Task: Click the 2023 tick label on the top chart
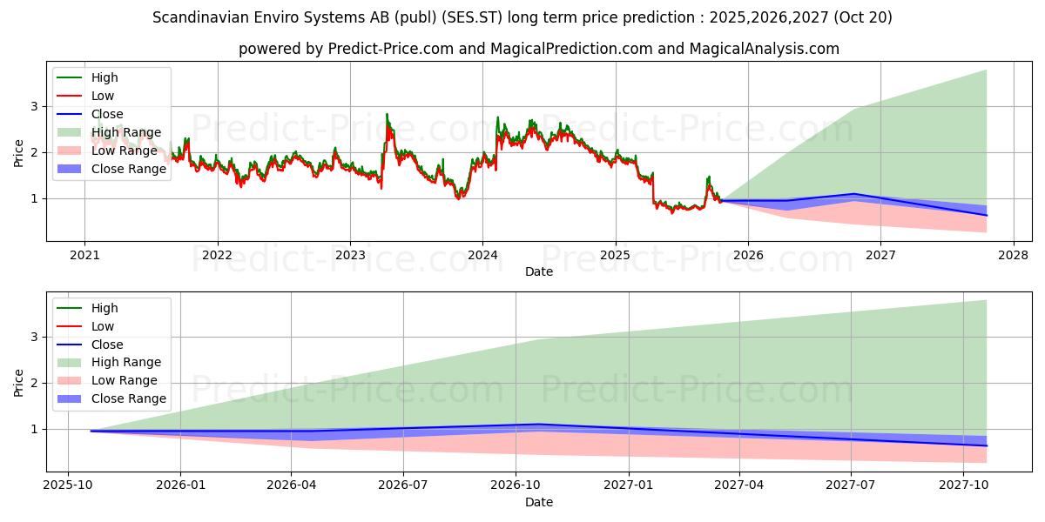pos(350,255)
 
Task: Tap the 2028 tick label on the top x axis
pos(1013,255)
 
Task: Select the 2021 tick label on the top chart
pos(84,255)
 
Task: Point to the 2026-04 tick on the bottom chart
pos(292,485)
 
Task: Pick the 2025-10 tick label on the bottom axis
pos(68,485)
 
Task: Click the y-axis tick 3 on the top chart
pos(34,106)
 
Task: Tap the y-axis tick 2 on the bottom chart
pos(34,383)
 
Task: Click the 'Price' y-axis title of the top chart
pos(18,153)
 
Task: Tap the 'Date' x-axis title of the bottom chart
pos(539,502)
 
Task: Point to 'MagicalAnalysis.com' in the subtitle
pos(764,49)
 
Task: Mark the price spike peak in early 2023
pos(387,114)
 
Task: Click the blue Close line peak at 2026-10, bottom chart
pos(540,425)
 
